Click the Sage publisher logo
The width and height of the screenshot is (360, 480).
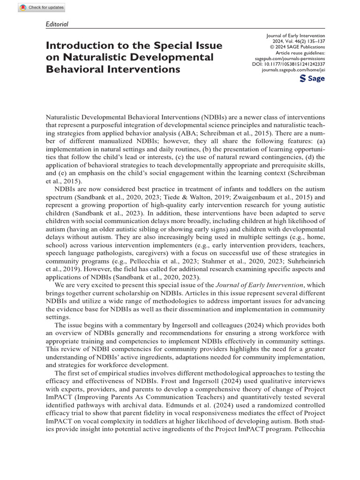tap(312, 78)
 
